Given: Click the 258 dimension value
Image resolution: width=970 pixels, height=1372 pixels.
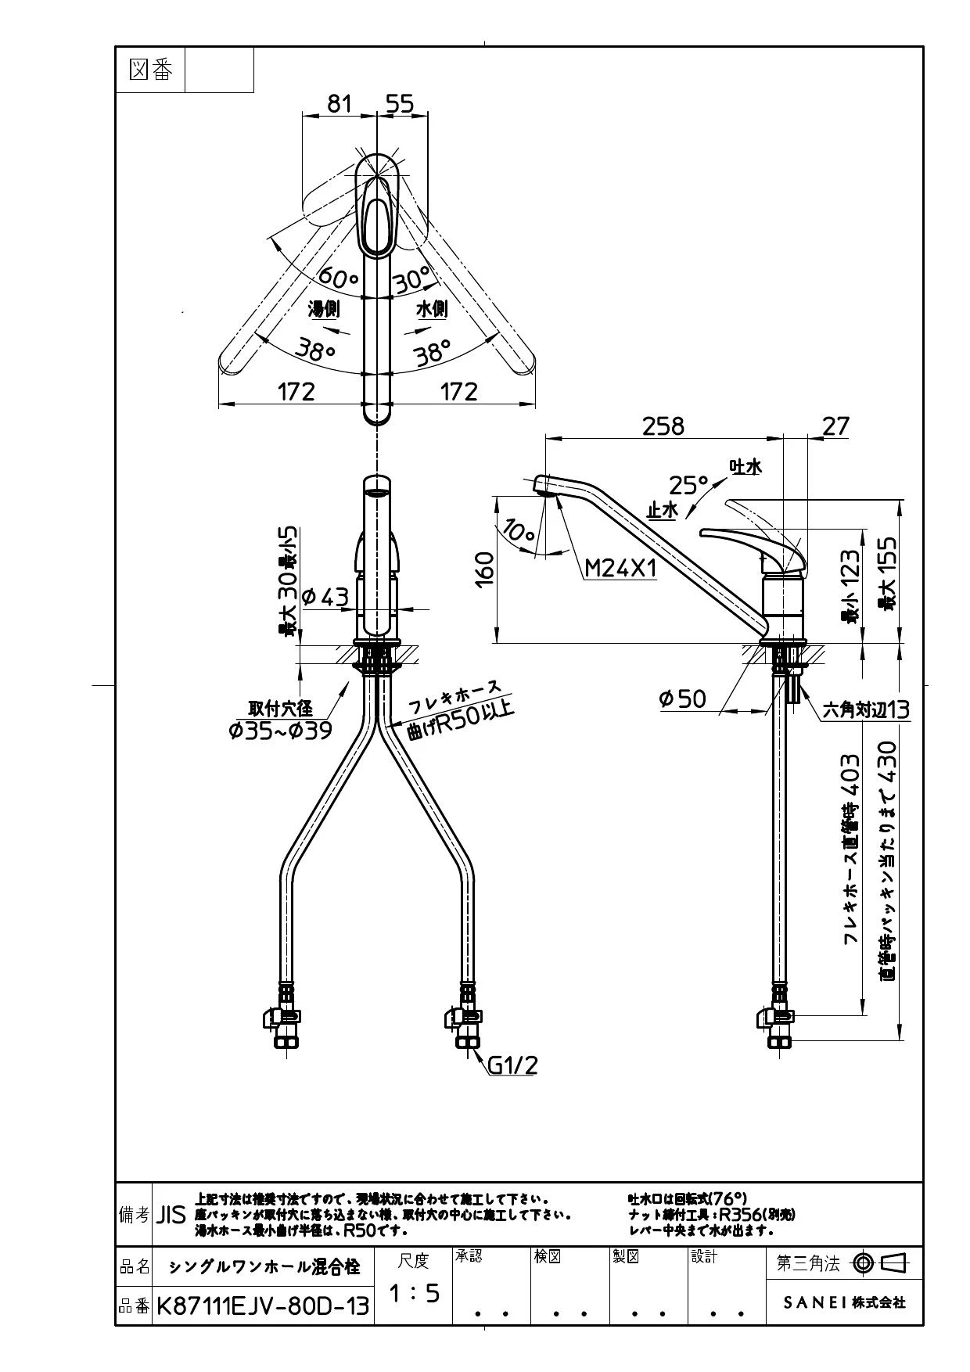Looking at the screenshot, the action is coord(663,426).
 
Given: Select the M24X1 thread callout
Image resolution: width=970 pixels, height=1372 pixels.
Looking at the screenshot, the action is coord(621,568).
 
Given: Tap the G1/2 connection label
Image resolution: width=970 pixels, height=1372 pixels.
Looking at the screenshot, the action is coord(512,1065).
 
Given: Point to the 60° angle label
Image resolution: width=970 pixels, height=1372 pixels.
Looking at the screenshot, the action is coord(338,277).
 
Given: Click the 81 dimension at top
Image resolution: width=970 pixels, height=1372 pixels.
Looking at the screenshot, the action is coord(339,103).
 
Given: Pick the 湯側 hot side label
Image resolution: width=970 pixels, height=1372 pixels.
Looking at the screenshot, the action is coord(324,310).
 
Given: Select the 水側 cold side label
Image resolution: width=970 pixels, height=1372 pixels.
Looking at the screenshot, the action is coord(431,309).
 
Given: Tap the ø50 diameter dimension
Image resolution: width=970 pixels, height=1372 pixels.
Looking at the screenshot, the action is coord(682,699).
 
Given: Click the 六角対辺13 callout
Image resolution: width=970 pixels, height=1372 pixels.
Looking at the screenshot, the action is coord(866,710).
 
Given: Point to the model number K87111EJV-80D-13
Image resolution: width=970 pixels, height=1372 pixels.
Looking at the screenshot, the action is coord(263,1306).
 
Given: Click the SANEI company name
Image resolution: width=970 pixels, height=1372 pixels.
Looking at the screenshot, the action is coord(844,1302).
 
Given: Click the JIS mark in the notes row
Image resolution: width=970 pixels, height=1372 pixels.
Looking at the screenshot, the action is coord(171,1215).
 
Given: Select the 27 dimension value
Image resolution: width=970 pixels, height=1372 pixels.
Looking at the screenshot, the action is coord(835,426).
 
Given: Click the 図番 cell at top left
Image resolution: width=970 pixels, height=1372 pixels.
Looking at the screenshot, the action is coord(150,70).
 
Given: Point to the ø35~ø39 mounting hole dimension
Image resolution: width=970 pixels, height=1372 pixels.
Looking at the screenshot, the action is coord(281,731).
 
